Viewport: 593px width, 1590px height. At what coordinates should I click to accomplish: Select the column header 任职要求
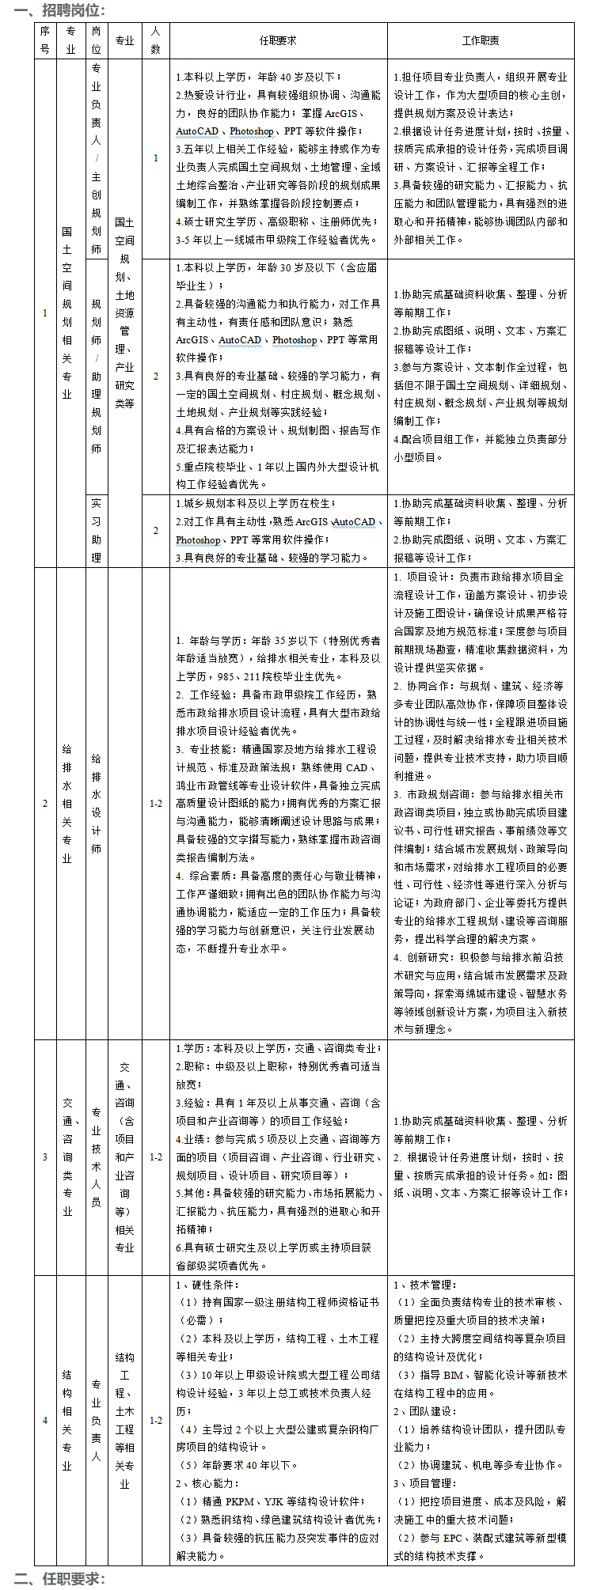click(278, 40)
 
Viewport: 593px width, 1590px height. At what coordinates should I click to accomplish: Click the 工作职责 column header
click(481, 40)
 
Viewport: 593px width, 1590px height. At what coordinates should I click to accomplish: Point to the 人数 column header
click(155, 40)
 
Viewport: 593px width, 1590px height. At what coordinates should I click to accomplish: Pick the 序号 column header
click(44, 40)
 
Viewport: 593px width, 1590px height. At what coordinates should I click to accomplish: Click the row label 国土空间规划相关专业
click(68, 312)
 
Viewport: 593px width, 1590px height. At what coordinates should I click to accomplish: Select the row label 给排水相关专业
click(68, 803)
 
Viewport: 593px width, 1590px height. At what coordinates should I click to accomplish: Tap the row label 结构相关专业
click(68, 1420)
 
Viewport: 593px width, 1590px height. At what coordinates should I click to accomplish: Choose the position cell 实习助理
click(96, 530)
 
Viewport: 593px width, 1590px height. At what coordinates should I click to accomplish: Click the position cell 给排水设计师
click(96, 803)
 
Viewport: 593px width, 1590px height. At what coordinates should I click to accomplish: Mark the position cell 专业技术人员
click(96, 1157)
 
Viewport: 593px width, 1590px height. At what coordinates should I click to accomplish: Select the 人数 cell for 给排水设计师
click(156, 804)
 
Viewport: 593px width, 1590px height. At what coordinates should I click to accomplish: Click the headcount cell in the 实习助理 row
click(156, 530)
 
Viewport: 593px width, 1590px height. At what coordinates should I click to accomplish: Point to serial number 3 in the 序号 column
click(44, 1157)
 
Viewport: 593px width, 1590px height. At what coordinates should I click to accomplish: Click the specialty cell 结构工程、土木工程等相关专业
click(125, 1420)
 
